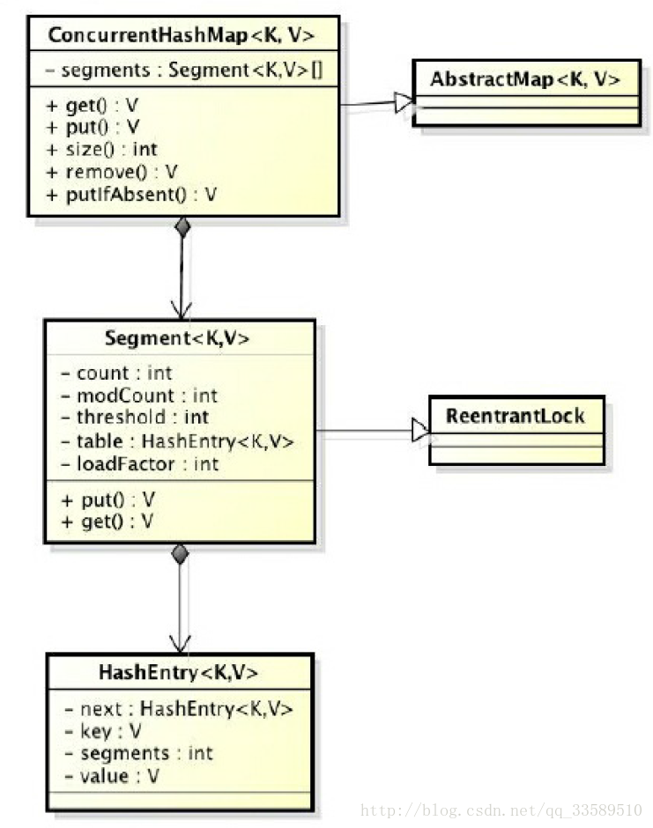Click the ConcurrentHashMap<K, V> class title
(182, 36)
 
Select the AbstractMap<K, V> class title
(525, 80)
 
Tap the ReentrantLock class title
(516, 416)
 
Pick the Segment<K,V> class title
(178, 338)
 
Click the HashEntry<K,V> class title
(178, 672)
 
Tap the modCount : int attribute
(139, 396)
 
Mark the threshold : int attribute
(135, 418)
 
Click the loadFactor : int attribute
(140, 463)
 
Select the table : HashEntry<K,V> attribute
(176, 441)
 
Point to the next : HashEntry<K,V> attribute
(178, 708)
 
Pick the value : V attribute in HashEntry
(111, 776)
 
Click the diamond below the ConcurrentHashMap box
(182, 227)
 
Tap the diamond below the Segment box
(180, 554)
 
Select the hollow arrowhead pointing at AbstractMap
(404, 103)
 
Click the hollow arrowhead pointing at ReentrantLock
(419, 432)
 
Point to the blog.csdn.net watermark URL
(502, 810)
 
